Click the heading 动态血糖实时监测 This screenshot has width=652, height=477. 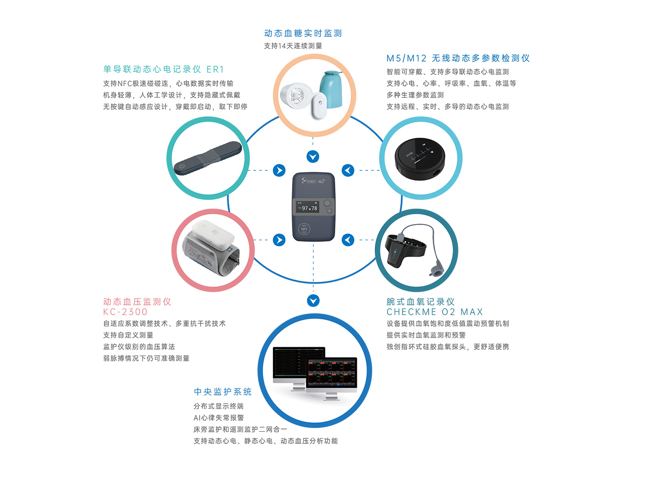(303, 33)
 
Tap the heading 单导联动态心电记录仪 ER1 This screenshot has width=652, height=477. (164, 69)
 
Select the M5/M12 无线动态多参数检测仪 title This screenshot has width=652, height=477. (458, 58)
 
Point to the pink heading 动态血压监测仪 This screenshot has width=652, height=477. (137, 302)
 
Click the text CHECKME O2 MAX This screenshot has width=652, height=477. (434, 312)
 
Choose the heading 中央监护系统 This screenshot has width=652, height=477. (222, 392)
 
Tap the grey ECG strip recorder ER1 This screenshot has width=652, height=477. (208, 158)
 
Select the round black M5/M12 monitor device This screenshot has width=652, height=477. (420, 158)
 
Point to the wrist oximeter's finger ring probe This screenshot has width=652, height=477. (437, 270)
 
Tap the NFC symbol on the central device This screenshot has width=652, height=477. (304, 229)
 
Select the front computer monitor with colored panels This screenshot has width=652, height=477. (331, 374)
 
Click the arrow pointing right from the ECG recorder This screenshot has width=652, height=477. (279, 170)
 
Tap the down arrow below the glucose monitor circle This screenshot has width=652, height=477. (313, 156)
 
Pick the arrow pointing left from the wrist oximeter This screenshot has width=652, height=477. (348, 240)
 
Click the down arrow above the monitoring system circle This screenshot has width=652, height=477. (313, 301)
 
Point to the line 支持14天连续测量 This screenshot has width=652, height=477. (293, 46)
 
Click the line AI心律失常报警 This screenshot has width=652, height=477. (218, 417)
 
